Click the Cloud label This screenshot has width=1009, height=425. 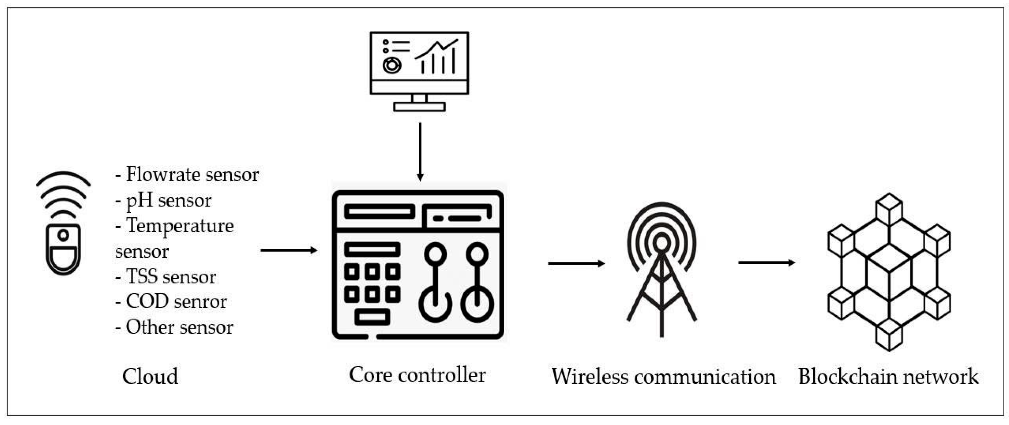click(x=150, y=377)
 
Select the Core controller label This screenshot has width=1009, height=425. click(x=417, y=375)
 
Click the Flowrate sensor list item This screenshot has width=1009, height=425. click(x=187, y=175)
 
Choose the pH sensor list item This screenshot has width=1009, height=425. click(x=163, y=200)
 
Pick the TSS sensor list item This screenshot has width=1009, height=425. click(x=166, y=277)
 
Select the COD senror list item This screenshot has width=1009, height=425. click(x=171, y=302)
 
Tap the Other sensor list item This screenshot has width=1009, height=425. click(x=174, y=327)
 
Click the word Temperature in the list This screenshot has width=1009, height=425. click(x=180, y=226)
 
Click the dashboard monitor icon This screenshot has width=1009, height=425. click(x=419, y=71)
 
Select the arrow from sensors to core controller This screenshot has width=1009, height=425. click(x=289, y=250)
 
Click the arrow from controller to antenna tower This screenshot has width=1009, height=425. click(x=576, y=263)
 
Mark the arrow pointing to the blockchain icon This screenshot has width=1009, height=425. click(x=766, y=262)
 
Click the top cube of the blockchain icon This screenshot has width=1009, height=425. click(x=889, y=209)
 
